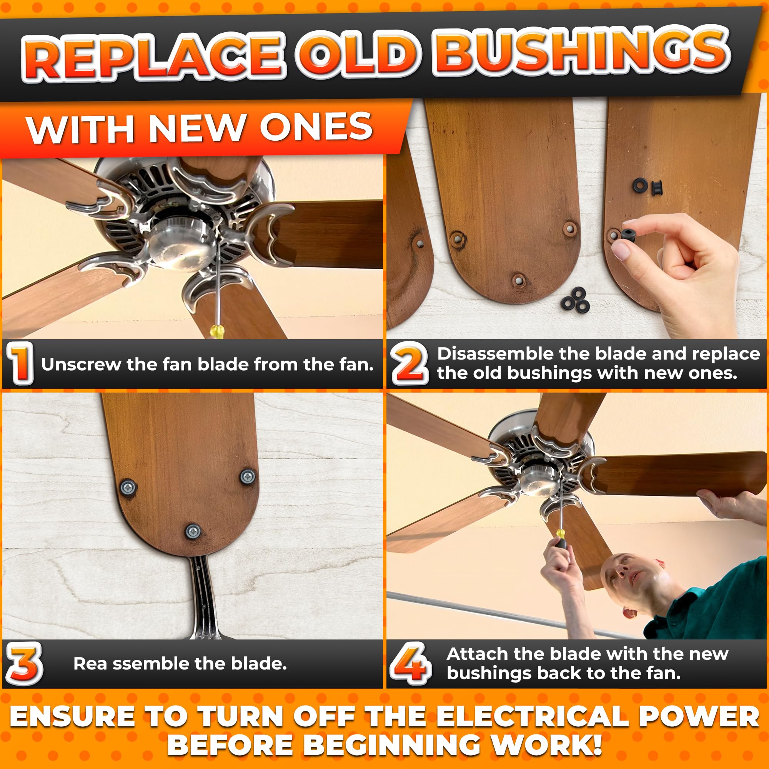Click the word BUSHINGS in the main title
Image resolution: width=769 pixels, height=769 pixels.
pos(582,53)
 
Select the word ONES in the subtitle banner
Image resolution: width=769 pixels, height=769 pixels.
pos(316,127)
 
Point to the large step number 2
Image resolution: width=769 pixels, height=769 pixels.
pos(409,364)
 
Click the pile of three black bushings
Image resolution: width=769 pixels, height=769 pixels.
pos(575,299)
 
